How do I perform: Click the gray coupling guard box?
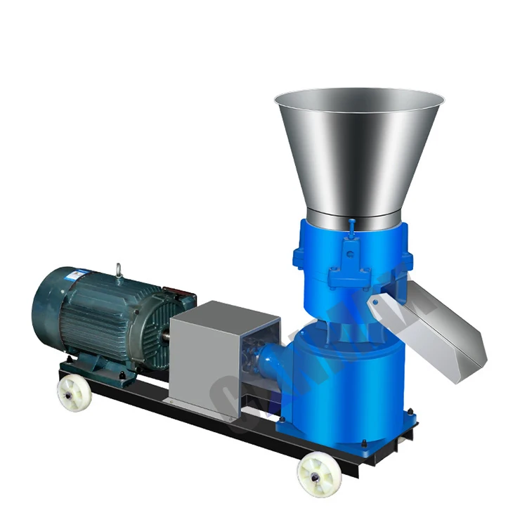pos(204,358)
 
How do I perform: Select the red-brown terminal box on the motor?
pos(178,295)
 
